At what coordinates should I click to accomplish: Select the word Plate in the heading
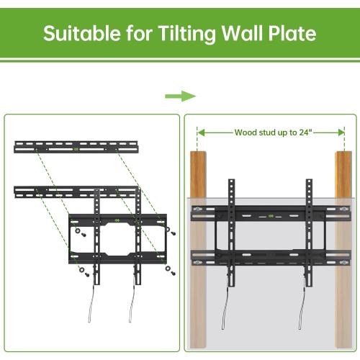290,33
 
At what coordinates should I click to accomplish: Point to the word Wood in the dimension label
247,132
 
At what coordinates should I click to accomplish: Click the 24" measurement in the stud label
307,132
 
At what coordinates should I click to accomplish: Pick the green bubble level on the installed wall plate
270,215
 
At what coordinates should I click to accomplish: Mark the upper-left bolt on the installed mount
198,210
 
